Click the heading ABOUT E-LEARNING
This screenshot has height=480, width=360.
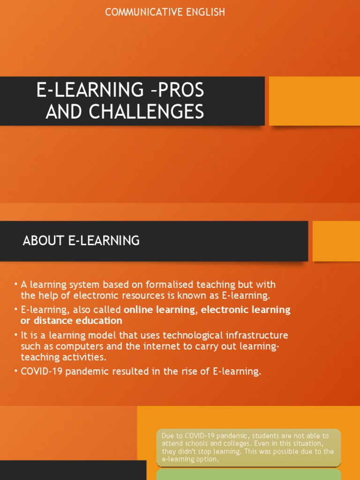coord(81,241)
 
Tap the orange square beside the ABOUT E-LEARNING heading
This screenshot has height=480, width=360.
coord(336,241)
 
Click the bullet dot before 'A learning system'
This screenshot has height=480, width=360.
coord(15,285)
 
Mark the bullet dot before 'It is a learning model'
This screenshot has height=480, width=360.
coord(15,336)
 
